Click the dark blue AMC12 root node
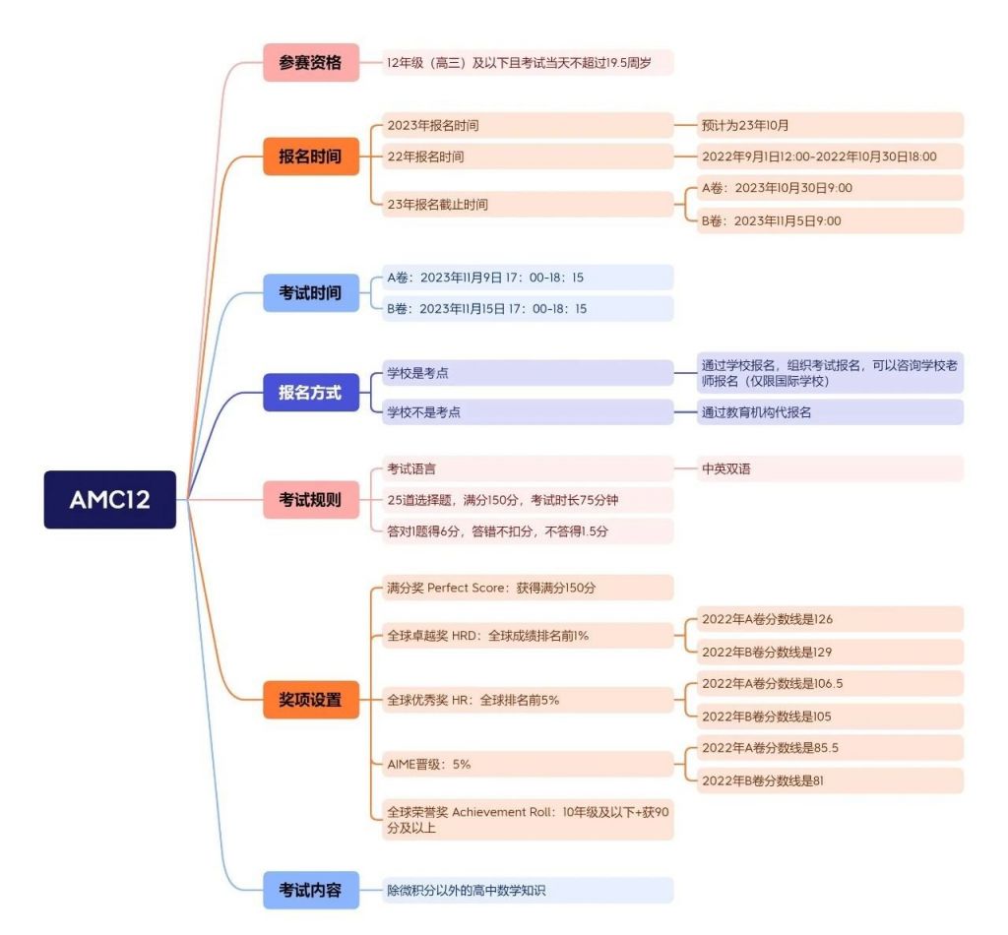click(x=110, y=499)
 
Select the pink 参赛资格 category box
click(x=311, y=62)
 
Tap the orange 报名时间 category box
click(x=311, y=156)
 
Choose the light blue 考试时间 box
click(x=311, y=292)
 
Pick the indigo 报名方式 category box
click(x=311, y=392)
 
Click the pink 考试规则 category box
click(x=311, y=499)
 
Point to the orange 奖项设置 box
click(x=311, y=699)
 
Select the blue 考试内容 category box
click(x=311, y=890)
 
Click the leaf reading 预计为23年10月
click(x=830, y=125)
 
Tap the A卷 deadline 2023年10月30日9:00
click(x=830, y=188)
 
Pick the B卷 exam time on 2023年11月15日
click(x=528, y=308)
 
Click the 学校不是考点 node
click(x=528, y=412)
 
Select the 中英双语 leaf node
click(x=830, y=468)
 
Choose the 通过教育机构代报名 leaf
click(x=830, y=412)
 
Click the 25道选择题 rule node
click(x=528, y=500)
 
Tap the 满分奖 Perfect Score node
click(x=528, y=588)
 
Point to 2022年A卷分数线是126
click(x=830, y=619)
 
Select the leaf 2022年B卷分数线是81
click(x=830, y=780)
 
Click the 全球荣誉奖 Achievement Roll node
click(x=528, y=820)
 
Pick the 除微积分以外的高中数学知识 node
click(x=528, y=890)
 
